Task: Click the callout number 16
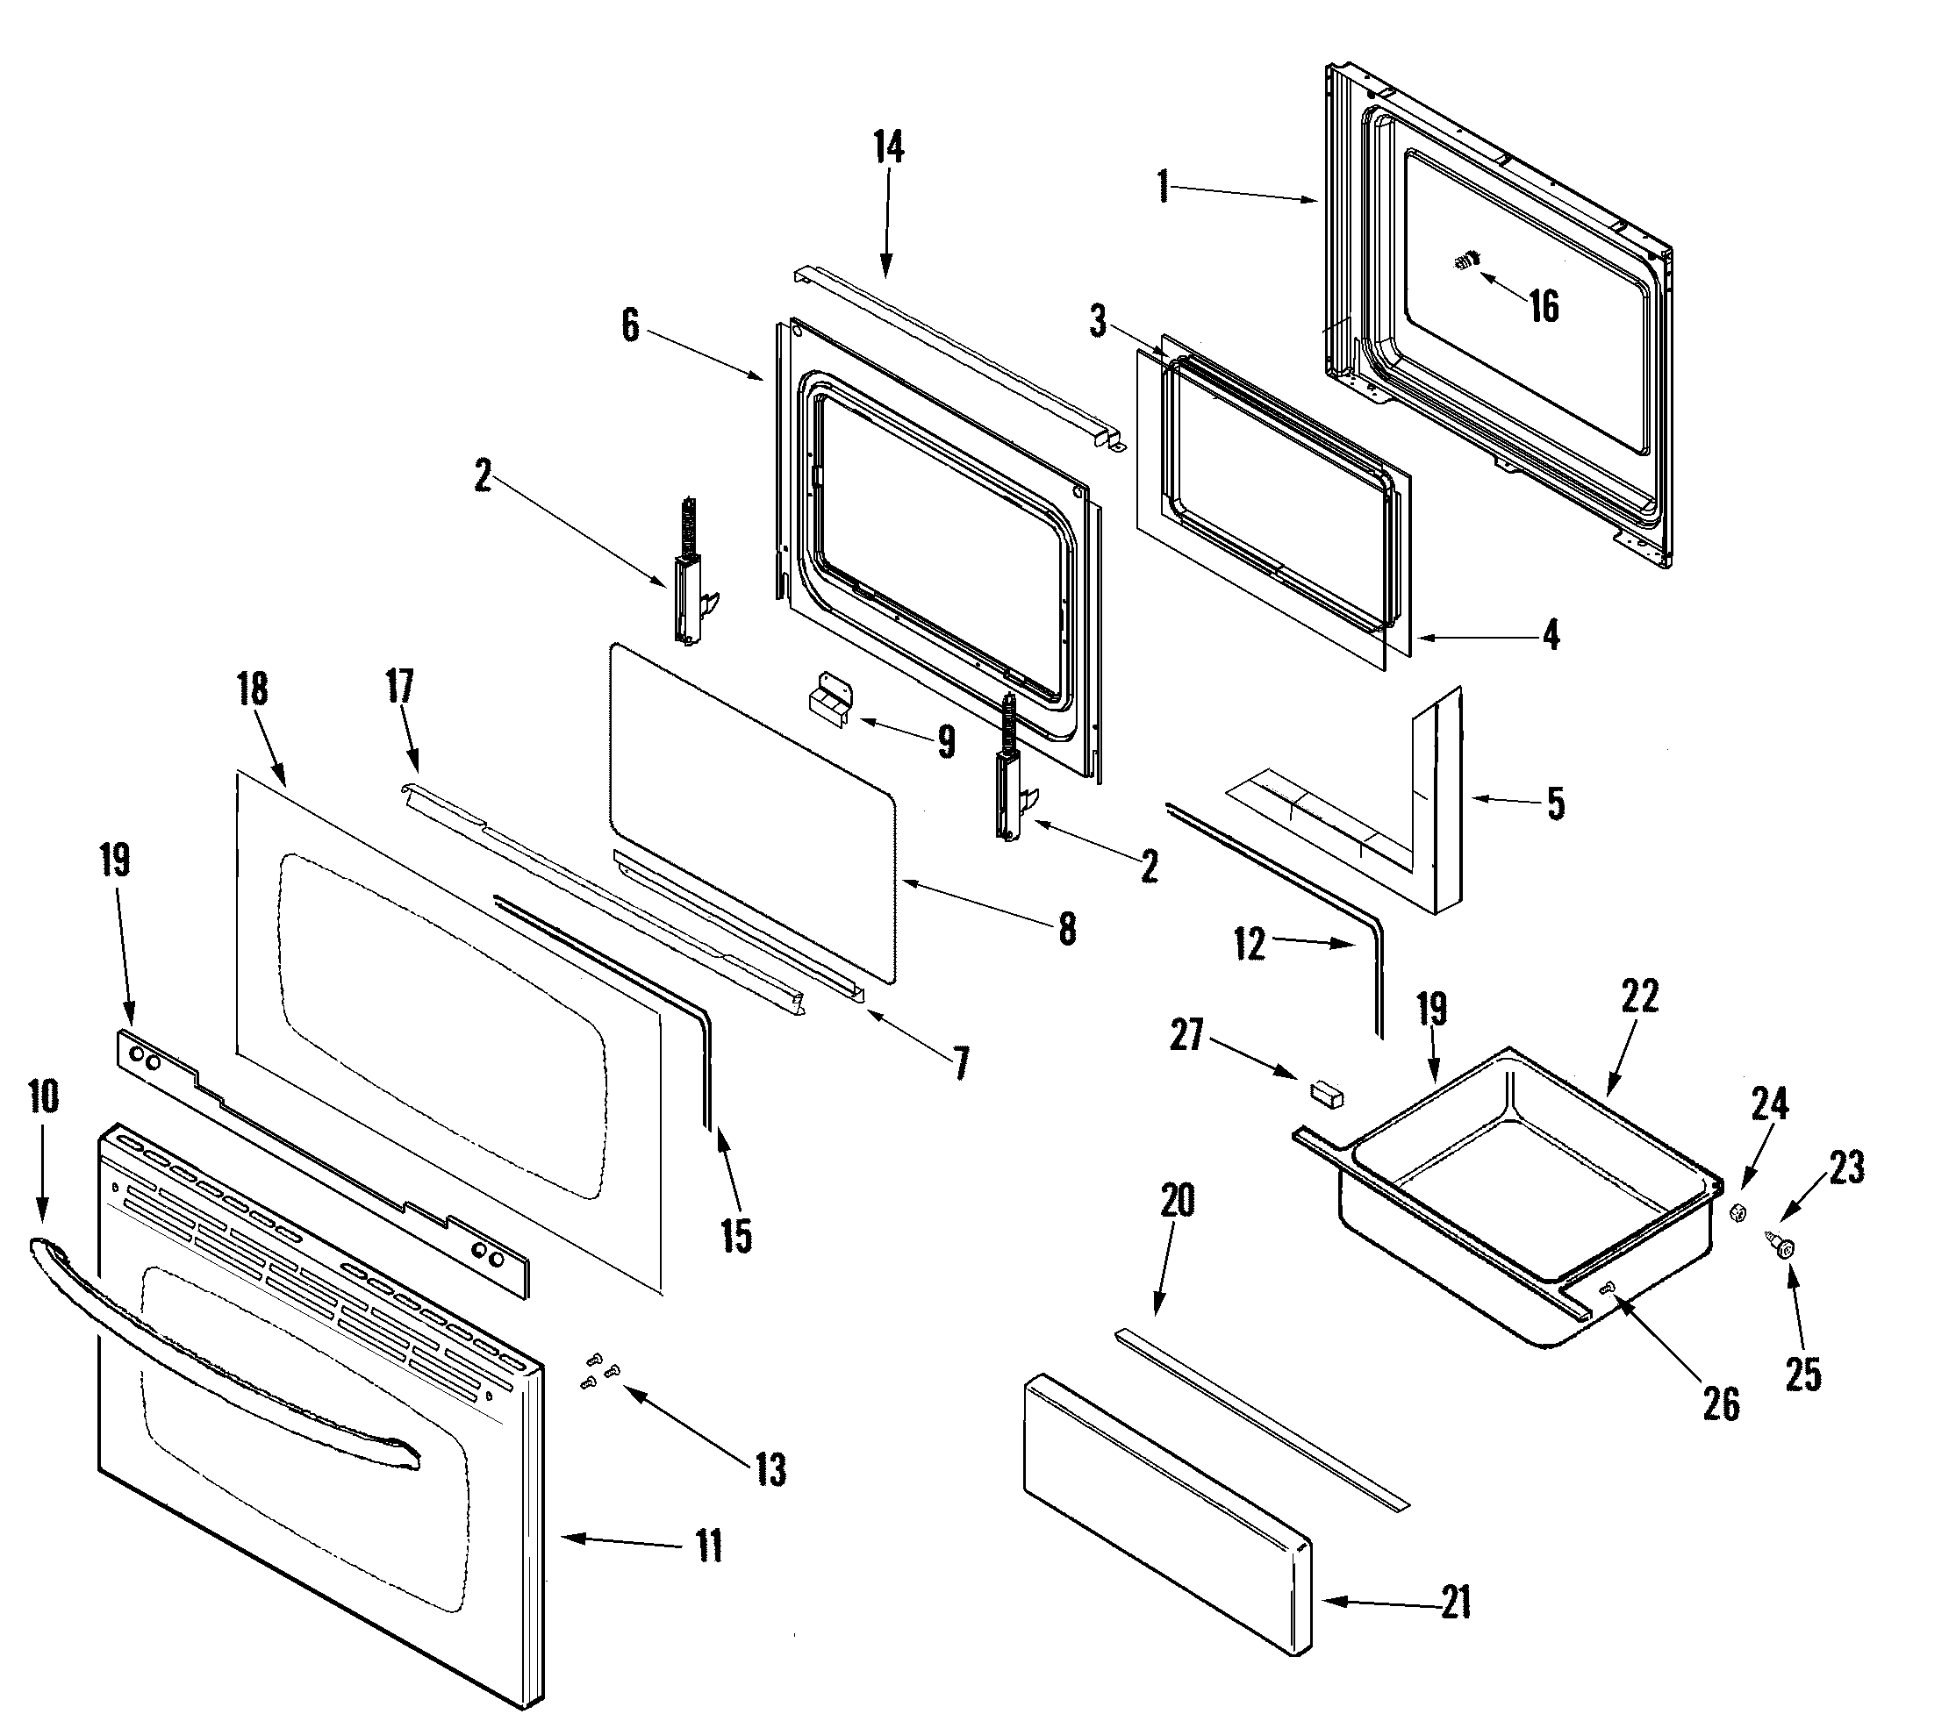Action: pyautogui.click(x=1544, y=307)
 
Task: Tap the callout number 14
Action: pyautogui.click(x=888, y=148)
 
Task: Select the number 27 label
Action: pyautogui.click(x=1186, y=1035)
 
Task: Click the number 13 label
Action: pyautogui.click(x=771, y=1470)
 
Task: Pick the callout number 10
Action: pyautogui.click(x=43, y=1097)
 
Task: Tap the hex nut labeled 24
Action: pyautogui.click(x=1738, y=1213)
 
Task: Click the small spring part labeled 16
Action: pyautogui.click(x=1465, y=258)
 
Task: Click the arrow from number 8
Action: pyautogui.click(x=976, y=905)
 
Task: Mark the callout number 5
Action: pyautogui.click(x=1557, y=803)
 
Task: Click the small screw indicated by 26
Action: pyautogui.click(x=1607, y=1290)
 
